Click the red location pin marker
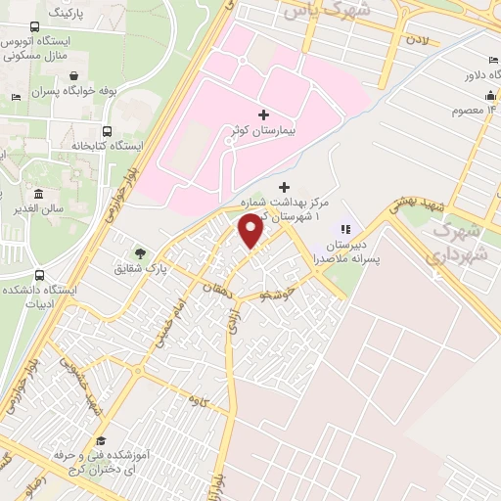[x=251, y=232]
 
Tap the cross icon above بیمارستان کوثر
[x=263, y=114]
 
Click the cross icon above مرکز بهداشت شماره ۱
[x=285, y=187]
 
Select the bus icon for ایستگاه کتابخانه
[x=106, y=131]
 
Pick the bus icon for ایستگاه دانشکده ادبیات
[x=38, y=277]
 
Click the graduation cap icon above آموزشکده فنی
[x=102, y=439]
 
